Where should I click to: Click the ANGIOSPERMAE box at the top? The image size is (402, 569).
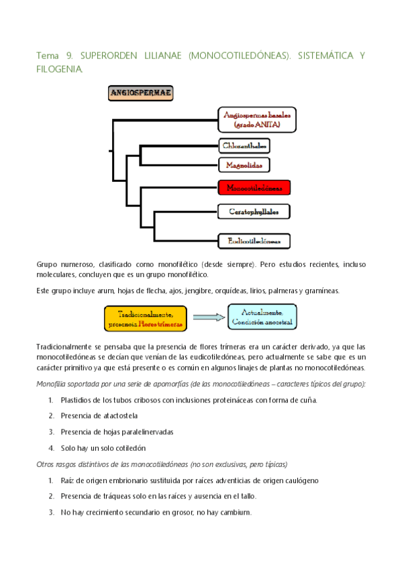pos(140,93)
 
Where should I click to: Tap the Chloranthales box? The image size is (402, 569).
pos(244,145)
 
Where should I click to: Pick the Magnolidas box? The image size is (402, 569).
pos(244,164)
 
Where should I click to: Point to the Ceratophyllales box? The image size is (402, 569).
pos(254,211)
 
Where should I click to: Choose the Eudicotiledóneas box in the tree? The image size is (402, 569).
pos(254,240)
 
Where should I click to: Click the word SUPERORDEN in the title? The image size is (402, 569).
pos(104,56)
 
